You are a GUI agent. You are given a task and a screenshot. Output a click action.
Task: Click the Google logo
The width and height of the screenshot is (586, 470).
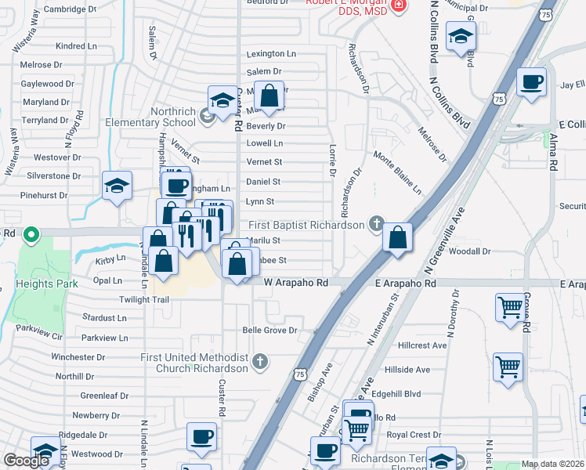click(26, 461)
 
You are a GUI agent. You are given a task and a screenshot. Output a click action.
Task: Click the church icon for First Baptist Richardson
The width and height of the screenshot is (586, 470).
click(377, 225)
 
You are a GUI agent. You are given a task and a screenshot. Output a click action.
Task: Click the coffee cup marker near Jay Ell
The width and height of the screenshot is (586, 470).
click(531, 82)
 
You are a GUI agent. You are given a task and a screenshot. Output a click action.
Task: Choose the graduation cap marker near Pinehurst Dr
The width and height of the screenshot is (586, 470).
click(117, 186)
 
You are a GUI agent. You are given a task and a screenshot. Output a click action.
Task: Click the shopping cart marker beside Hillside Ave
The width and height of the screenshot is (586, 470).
click(508, 366)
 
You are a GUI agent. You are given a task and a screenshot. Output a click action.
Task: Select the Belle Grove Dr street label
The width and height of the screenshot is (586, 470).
click(269, 331)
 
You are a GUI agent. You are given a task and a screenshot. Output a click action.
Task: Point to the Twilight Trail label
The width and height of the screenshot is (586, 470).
click(144, 300)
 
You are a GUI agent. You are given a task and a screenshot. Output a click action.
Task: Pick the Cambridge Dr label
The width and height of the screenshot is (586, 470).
click(70, 9)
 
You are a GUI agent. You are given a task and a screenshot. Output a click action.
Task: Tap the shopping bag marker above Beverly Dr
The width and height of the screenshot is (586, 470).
click(269, 96)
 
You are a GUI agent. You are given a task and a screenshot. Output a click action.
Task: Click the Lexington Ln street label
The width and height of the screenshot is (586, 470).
click(271, 54)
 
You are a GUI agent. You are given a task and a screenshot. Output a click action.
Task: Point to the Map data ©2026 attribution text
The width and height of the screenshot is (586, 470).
click(552, 464)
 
